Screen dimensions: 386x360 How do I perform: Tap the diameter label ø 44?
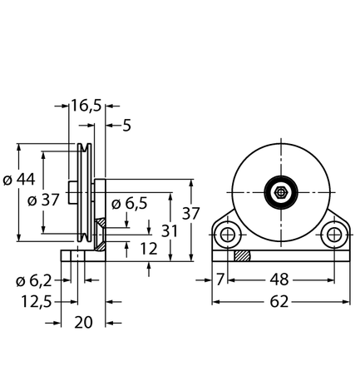pos(19,179)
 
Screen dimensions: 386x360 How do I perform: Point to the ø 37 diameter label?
pos(43,200)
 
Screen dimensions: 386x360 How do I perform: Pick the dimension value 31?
pos(170,230)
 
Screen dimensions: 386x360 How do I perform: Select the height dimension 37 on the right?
pos(191,213)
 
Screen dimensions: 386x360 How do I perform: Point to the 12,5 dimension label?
pos(37,301)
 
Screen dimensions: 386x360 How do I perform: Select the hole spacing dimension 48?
pos(279,280)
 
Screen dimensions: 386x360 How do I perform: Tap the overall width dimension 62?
pos(279,301)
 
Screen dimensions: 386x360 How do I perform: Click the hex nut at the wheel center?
pos(280,193)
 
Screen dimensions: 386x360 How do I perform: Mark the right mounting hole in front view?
pos(333,235)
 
